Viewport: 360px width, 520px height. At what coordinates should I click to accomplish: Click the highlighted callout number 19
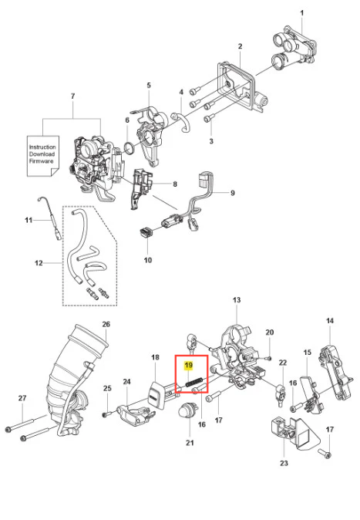[x=189, y=366]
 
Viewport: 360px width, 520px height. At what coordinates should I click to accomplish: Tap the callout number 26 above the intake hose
[x=106, y=324]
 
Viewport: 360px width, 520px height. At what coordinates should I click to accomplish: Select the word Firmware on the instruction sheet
[x=41, y=161]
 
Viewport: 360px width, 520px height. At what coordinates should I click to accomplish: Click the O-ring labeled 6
[x=130, y=147]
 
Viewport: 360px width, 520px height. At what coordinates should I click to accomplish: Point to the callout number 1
[x=301, y=13]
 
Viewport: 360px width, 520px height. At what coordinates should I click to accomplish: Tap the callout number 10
[x=148, y=260]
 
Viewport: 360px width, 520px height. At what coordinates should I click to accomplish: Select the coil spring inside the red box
[x=194, y=383]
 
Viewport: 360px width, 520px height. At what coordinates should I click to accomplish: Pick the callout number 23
[x=284, y=463]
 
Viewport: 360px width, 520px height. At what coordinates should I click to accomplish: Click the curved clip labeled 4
[x=182, y=122]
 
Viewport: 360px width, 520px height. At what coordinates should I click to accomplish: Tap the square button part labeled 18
[x=156, y=396]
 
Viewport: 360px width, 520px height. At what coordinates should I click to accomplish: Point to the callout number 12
[x=39, y=263]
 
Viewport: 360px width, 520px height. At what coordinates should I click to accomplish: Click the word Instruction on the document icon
[x=42, y=147]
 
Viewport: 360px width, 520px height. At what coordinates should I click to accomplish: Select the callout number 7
[x=73, y=96]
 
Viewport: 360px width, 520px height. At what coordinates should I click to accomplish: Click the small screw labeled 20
[x=269, y=358]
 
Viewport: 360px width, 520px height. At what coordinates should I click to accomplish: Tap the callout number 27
[x=22, y=398]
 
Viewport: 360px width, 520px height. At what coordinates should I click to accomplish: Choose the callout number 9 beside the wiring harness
[x=232, y=193]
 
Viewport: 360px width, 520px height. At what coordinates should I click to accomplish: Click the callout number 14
[x=330, y=321]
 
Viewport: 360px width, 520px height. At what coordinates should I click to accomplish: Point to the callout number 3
[x=211, y=141]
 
